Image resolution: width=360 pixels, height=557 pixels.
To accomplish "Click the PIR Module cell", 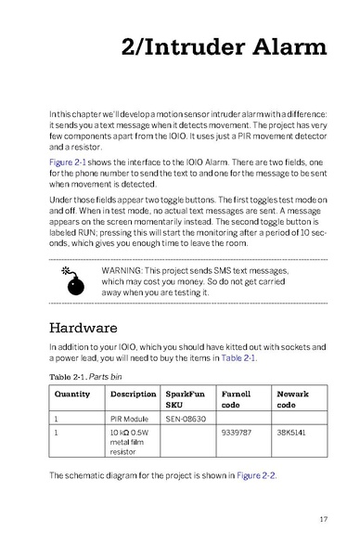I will [x=130, y=418].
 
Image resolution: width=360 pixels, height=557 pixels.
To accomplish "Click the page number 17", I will [x=321, y=518].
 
